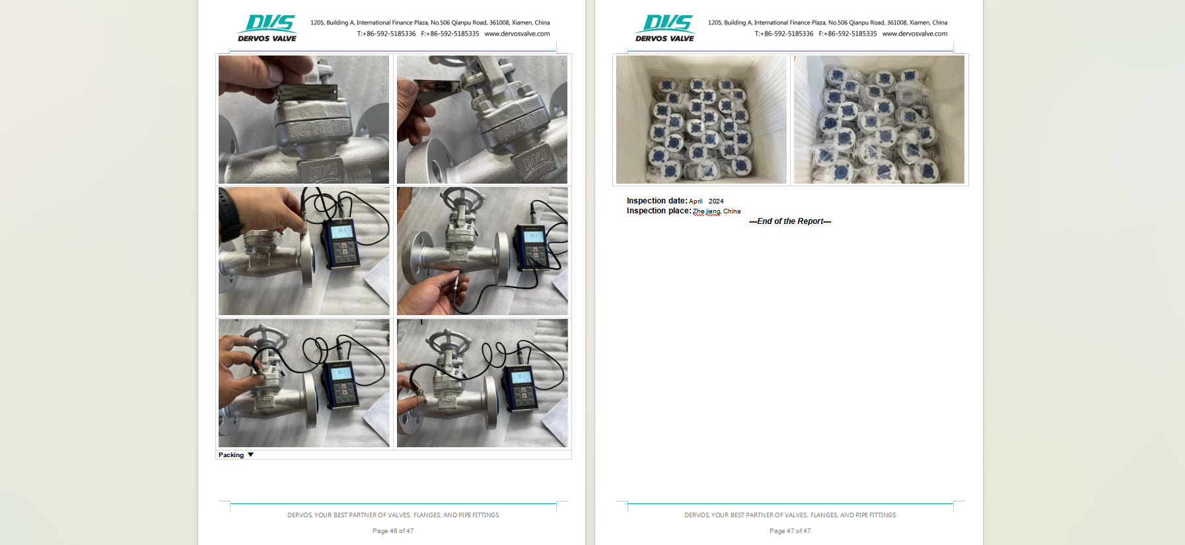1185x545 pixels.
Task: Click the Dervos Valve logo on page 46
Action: click(x=268, y=28)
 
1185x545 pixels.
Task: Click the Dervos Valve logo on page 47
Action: click(x=665, y=28)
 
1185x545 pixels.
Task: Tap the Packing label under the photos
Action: click(x=231, y=455)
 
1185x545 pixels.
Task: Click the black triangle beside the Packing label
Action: click(x=251, y=454)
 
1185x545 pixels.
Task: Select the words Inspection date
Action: click(x=657, y=201)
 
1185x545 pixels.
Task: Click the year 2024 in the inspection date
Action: click(x=716, y=201)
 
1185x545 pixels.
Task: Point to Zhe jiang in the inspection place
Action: click(x=706, y=211)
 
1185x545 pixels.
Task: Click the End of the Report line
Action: click(x=790, y=221)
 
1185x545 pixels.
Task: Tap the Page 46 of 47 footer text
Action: click(x=393, y=531)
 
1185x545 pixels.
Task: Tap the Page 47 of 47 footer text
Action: click(x=790, y=531)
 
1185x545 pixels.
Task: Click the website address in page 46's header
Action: click(x=517, y=34)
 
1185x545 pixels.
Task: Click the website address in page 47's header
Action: click(x=915, y=34)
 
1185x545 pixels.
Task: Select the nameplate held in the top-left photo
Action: click(x=308, y=92)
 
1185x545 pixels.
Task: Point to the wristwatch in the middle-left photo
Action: click(x=231, y=215)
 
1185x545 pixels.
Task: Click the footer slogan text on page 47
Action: click(x=790, y=515)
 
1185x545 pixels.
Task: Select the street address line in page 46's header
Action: click(x=430, y=22)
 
